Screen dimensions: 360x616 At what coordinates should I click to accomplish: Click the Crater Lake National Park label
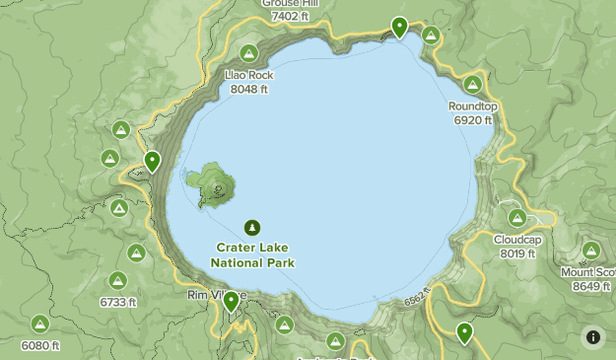coord(252,255)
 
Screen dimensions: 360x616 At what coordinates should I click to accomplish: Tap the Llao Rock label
coord(248,75)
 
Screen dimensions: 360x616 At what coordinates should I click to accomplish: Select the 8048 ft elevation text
coord(248,89)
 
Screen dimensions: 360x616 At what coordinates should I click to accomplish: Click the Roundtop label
coord(472,107)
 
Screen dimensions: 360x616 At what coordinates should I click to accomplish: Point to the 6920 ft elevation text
coord(472,120)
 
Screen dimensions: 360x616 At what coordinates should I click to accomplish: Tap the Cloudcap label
coord(517,240)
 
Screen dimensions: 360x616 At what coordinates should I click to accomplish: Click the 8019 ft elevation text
coord(517,253)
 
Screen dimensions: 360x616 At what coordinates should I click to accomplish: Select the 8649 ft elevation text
coord(591,286)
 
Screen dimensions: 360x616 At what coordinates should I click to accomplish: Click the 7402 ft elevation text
coord(291,16)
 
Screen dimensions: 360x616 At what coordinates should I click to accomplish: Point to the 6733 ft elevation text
coord(118,302)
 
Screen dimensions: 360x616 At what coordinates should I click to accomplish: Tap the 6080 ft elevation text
coord(40,345)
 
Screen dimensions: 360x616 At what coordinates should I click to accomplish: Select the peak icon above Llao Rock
coord(248,53)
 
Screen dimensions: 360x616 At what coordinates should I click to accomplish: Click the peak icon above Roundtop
coord(473,85)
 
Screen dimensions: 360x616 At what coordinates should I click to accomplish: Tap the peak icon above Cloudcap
coord(517,218)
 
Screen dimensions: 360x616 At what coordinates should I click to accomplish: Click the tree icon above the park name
coord(252,227)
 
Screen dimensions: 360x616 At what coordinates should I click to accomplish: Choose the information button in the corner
coord(593,336)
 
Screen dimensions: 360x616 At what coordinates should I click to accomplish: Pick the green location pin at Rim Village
coord(231,301)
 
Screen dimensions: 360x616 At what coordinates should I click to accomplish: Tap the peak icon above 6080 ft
coord(40,324)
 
